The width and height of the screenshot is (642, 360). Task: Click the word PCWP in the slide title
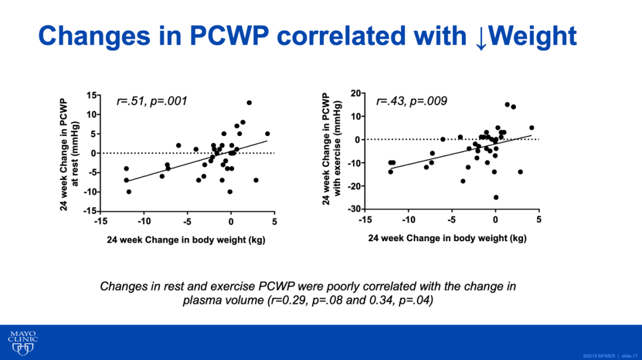[230, 36]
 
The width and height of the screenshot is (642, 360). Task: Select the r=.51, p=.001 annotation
[152, 102]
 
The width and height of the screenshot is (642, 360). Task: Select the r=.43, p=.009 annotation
[411, 102]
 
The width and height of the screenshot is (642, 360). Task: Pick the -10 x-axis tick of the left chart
[144, 222]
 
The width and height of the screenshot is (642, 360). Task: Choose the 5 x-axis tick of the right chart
[539, 220]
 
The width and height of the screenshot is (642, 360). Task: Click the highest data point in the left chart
[249, 103]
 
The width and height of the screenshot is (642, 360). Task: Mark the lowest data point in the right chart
[496, 197]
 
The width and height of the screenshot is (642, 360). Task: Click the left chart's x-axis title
[186, 240]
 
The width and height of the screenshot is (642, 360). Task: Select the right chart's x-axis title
[447, 238]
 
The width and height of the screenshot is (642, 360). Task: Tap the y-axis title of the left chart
[70, 153]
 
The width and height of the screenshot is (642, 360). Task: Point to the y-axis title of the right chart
[331, 150]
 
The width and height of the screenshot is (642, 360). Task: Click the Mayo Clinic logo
[23, 342]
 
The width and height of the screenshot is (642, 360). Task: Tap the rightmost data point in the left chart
[267, 134]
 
